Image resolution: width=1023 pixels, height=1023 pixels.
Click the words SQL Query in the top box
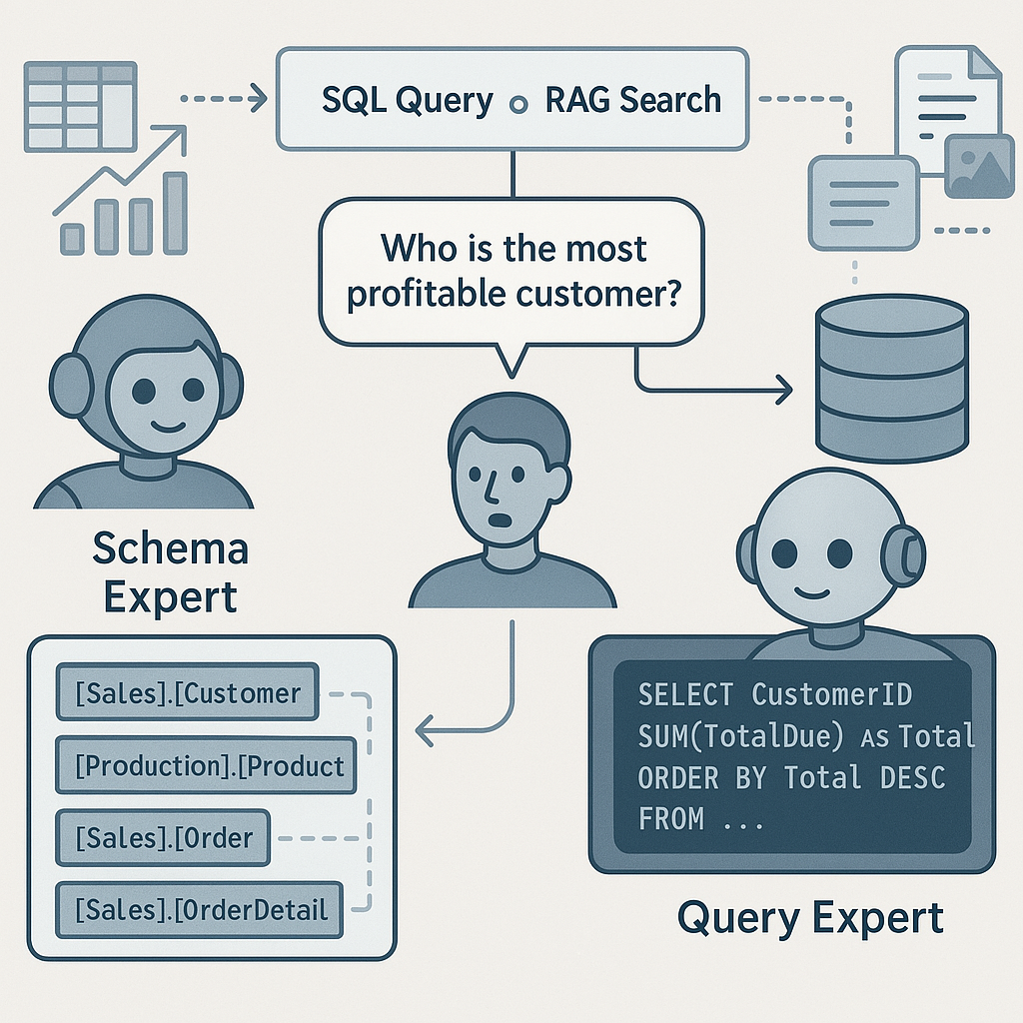point(408,101)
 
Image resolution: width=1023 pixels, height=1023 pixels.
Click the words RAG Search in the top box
point(633,101)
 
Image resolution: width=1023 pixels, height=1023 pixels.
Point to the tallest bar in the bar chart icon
point(175,212)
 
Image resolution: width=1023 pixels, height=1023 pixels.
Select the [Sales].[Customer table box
point(188,692)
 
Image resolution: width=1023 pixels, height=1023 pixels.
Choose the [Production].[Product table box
point(206,766)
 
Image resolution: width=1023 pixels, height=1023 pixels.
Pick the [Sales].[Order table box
point(163,837)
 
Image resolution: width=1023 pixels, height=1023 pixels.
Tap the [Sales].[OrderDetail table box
point(199,909)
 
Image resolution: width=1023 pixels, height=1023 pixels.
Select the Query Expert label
point(809,917)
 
